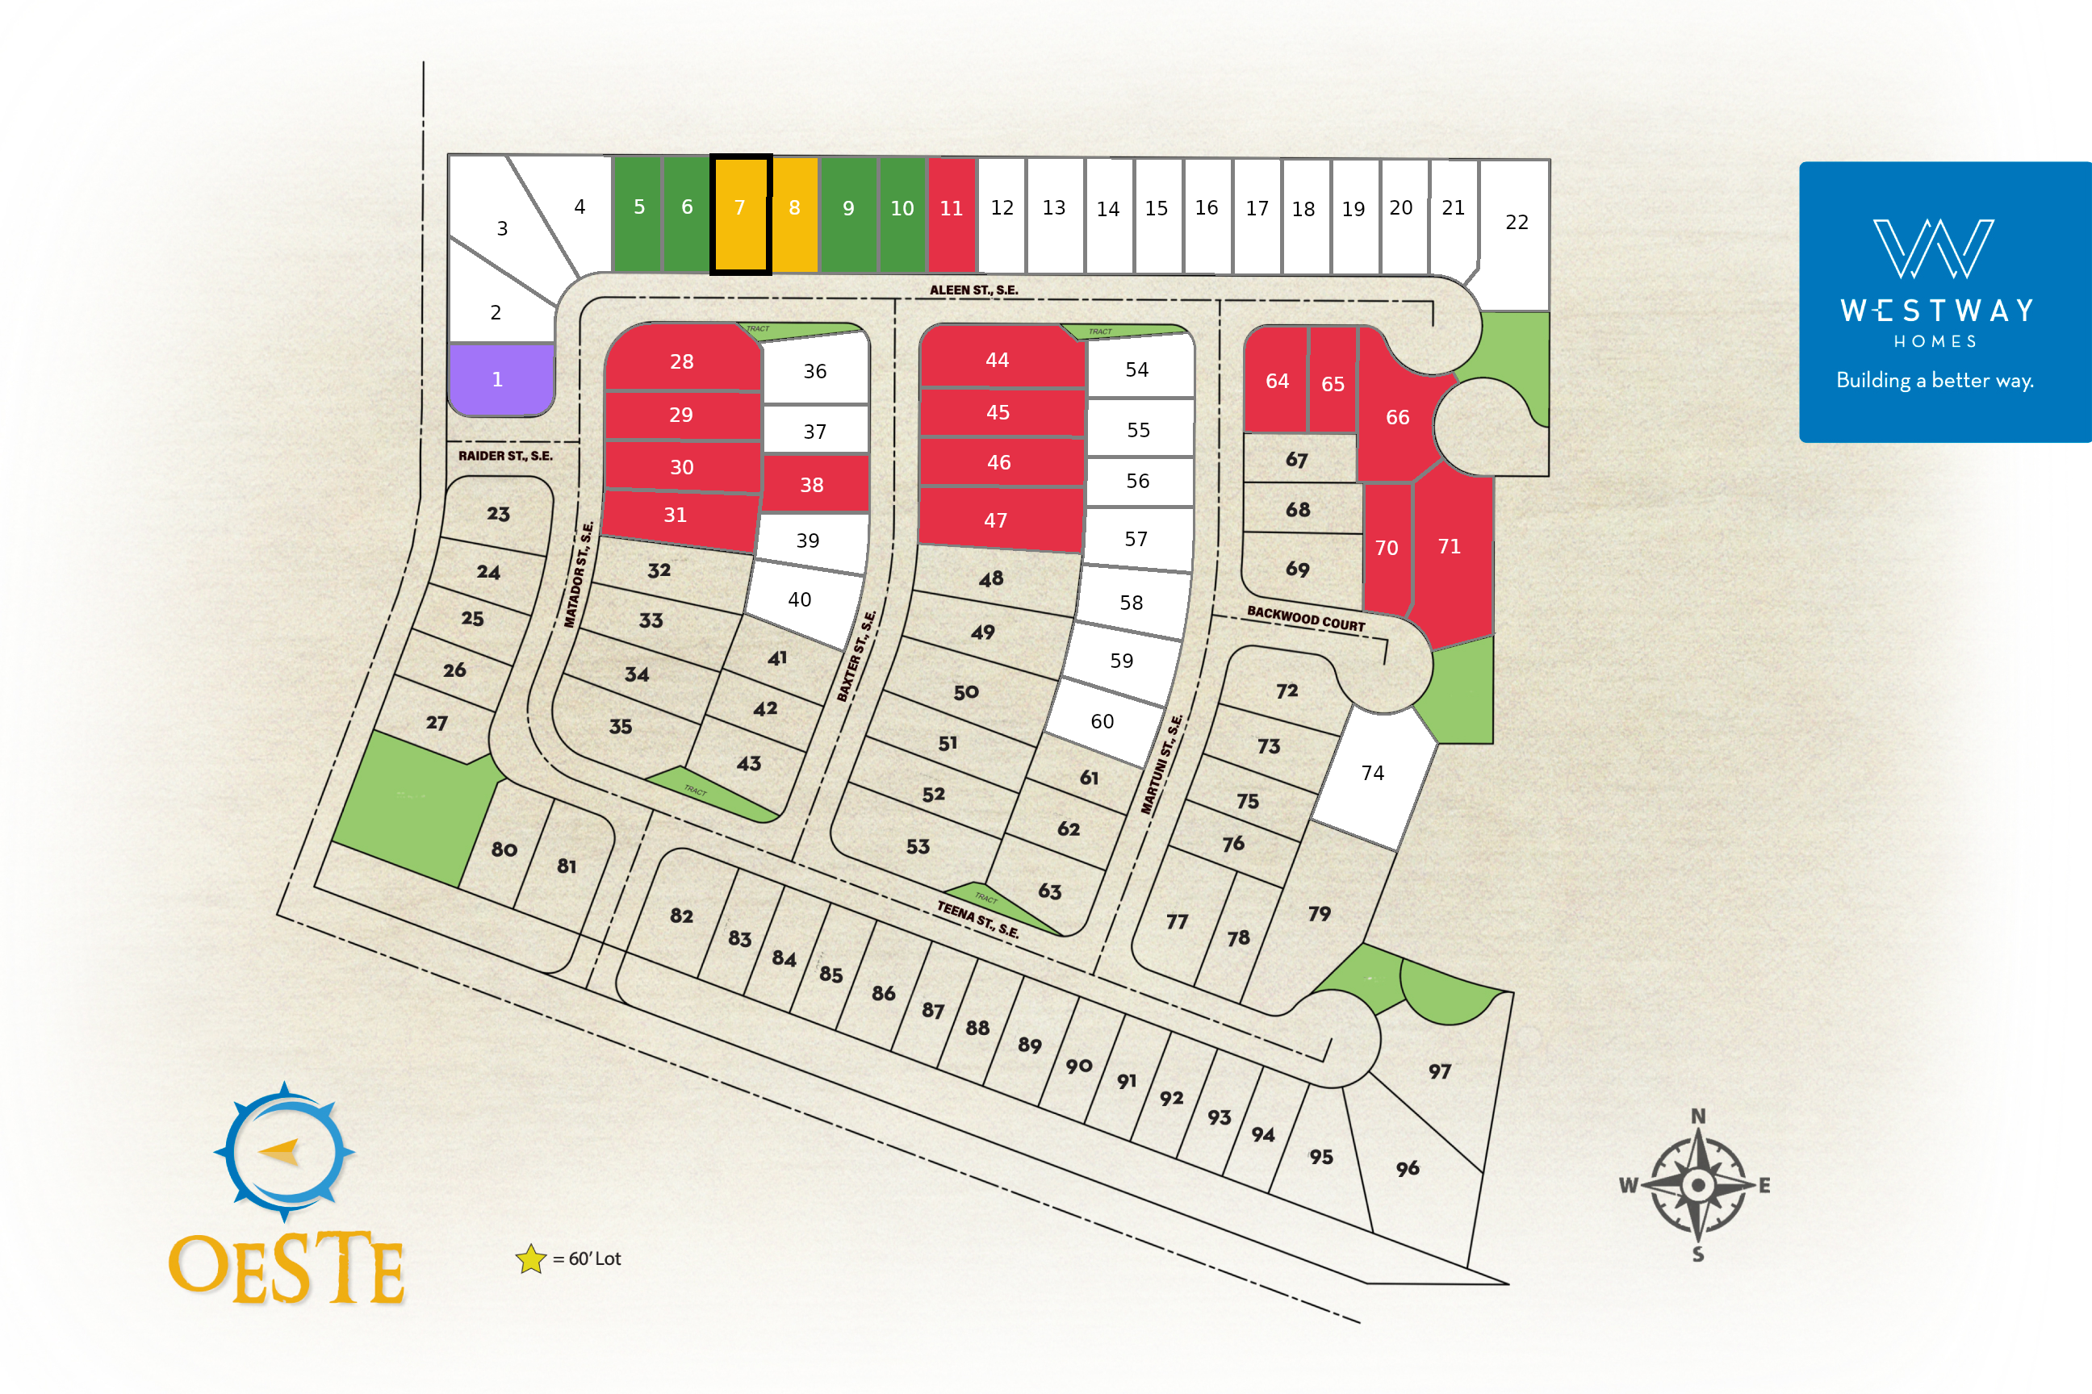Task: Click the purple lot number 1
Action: tap(498, 380)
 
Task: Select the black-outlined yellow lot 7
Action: tap(739, 213)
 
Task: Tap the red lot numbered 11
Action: tap(951, 213)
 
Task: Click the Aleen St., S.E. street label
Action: tap(974, 290)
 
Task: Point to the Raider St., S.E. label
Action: tap(505, 456)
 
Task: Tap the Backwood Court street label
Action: tap(1305, 619)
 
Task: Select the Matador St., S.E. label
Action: tap(578, 574)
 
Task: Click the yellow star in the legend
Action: tap(531, 1258)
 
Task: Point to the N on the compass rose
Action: tap(1698, 1116)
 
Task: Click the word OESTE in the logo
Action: tap(287, 1269)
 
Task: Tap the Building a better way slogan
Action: tap(1935, 381)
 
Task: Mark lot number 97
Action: tap(1439, 1072)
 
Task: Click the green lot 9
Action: tap(848, 213)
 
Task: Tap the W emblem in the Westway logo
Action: tap(1934, 249)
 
